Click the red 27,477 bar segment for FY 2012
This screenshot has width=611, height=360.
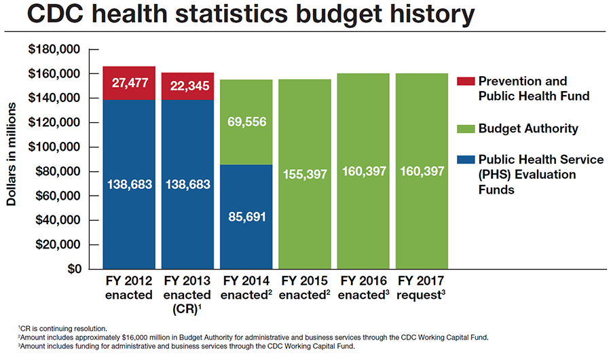pos(129,83)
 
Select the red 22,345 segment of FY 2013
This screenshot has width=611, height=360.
pos(188,86)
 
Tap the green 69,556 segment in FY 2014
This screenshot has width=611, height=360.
pos(246,122)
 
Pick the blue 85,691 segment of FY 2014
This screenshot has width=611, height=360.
pos(246,217)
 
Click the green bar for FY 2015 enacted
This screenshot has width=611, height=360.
pos(305,175)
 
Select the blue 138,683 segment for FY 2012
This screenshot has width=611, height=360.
pos(129,184)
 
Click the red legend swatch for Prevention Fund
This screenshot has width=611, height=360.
pos(464,81)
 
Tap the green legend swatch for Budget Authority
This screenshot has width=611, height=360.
pos(464,128)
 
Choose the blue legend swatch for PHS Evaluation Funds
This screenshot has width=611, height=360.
pos(464,160)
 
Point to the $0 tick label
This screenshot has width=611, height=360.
pos(73,269)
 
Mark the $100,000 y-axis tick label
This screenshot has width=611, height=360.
pos(53,147)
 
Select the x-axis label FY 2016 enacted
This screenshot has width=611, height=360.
pos(363,287)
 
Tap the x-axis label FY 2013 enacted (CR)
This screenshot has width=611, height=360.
pos(188,293)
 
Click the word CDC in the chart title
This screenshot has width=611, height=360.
pos(47,15)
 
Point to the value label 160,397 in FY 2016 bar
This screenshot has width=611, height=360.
pos(363,171)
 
